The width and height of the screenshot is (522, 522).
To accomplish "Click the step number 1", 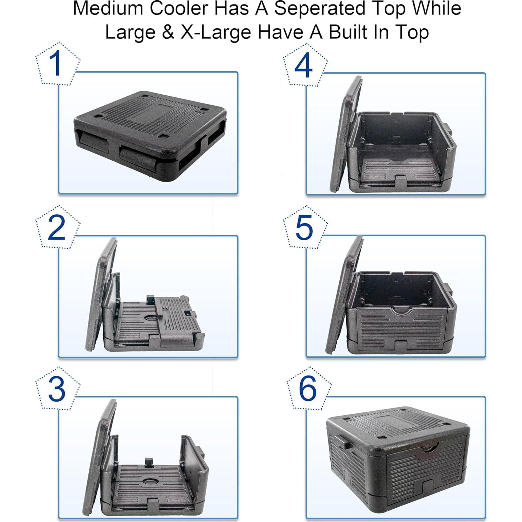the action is (x=55, y=64).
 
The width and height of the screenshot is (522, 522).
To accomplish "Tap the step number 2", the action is (x=56, y=228).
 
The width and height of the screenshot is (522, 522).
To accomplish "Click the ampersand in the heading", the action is (x=168, y=32).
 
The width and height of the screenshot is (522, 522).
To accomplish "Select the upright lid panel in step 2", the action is (x=101, y=295).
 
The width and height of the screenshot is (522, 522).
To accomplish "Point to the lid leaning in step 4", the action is (x=346, y=134).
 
